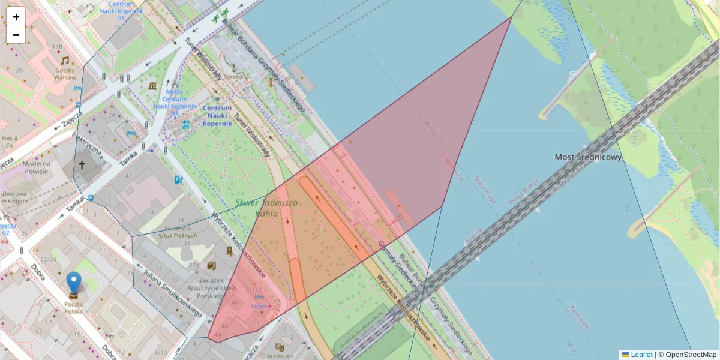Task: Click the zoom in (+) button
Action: (x=16, y=17)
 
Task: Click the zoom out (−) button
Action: (x=16, y=35)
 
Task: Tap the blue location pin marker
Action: (x=74, y=283)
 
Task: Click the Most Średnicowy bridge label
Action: (x=588, y=157)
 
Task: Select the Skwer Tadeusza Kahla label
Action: (x=267, y=208)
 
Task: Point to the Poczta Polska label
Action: (x=73, y=308)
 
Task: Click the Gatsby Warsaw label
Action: (x=65, y=74)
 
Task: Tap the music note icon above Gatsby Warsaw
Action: (x=65, y=60)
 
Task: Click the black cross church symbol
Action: (x=82, y=164)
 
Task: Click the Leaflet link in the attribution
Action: (x=641, y=355)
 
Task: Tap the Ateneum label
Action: (x=279, y=355)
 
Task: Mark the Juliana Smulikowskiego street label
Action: (x=172, y=295)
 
